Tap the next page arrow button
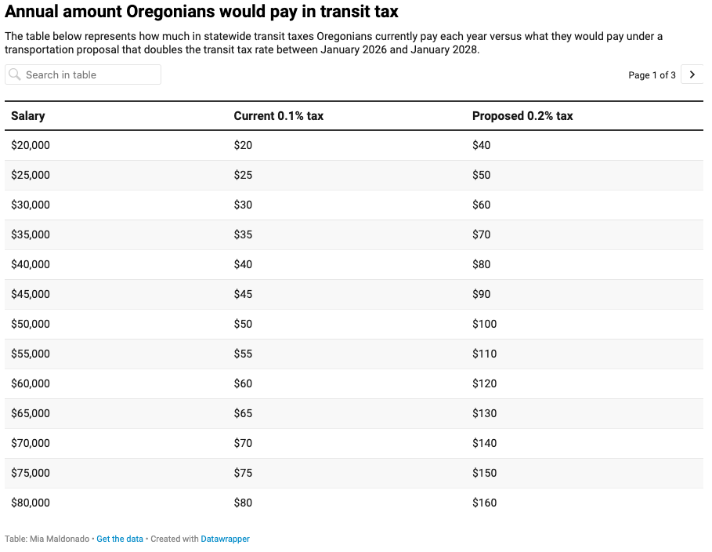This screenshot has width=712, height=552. coord(692,74)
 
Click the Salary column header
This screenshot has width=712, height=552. coord(28,116)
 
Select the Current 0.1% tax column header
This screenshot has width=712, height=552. coord(278,116)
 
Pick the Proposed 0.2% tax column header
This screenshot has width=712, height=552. coord(522,116)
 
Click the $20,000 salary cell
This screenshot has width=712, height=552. coord(31,145)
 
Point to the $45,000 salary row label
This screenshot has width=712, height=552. coord(31,294)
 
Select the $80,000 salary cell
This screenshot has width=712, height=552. coord(31,503)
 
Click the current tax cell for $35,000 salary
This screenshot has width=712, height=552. coord(243,234)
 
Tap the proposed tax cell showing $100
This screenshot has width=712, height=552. coord(484,324)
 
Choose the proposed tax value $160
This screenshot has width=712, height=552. coord(484,503)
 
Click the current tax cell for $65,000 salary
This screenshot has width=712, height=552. coord(243,413)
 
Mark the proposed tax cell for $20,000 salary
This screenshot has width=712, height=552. coord(481,145)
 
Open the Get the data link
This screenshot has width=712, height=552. coord(120,539)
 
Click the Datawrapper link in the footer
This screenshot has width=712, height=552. coord(225,539)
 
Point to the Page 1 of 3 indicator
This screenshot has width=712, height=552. coord(652,75)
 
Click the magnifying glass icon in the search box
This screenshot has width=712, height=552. coord(15,74)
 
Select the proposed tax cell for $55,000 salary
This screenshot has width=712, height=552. coord(484,354)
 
